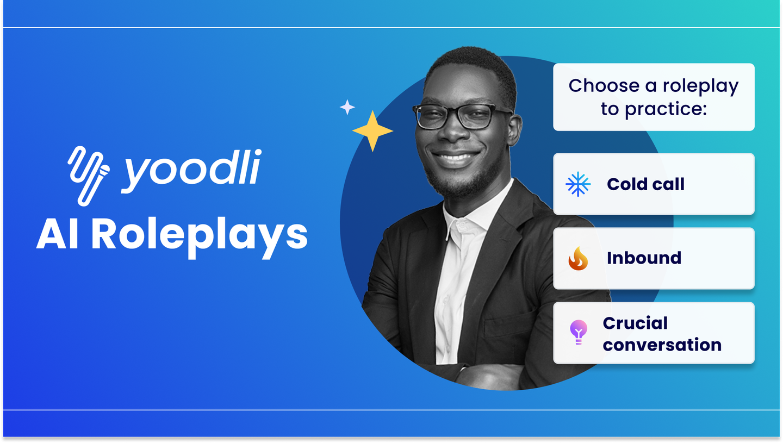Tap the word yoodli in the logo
pyautogui.click(x=190, y=170)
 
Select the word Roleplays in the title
pyautogui.click(x=200, y=235)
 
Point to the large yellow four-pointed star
pyautogui.click(x=372, y=131)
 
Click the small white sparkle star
pyautogui.click(x=347, y=107)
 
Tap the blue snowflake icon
pyautogui.click(x=577, y=184)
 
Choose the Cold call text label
pyautogui.click(x=645, y=184)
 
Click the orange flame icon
pyautogui.click(x=577, y=258)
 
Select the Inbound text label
pyautogui.click(x=644, y=258)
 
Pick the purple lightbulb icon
pyautogui.click(x=577, y=332)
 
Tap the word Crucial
pyautogui.click(x=635, y=323)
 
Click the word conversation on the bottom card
pyautogui.click(x=662, y=345)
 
